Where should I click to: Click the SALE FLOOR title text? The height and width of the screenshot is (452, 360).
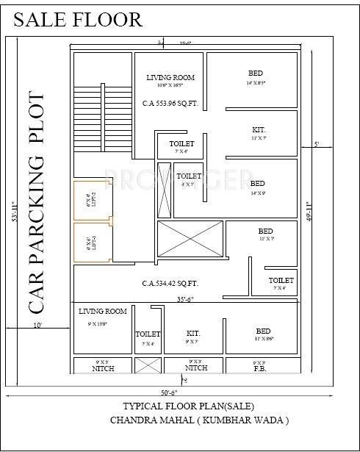[78, 19]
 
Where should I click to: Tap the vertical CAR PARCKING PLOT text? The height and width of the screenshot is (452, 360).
[37, 201]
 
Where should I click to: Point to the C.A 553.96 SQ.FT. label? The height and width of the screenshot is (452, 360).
[170, 104]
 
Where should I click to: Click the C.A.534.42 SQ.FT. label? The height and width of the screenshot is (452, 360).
[170, 283]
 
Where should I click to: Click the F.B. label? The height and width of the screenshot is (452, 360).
[259, 367]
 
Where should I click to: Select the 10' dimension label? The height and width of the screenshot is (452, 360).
[37, 324]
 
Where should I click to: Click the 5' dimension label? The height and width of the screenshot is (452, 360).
[317, 145]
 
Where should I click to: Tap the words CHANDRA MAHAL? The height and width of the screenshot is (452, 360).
[143, 420]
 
